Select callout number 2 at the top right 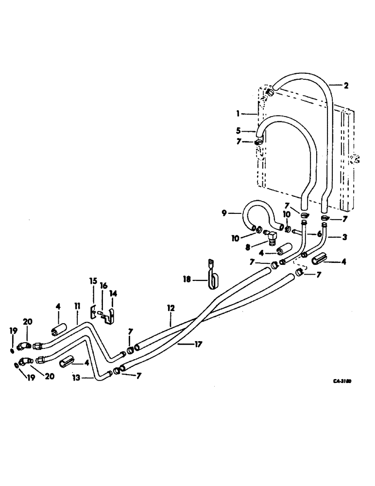tap(346, 86)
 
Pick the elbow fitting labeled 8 tap(270, 236)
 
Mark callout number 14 tap(113, 294)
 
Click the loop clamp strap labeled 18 tap(212, 277)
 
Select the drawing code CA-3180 tap(341, 382)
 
